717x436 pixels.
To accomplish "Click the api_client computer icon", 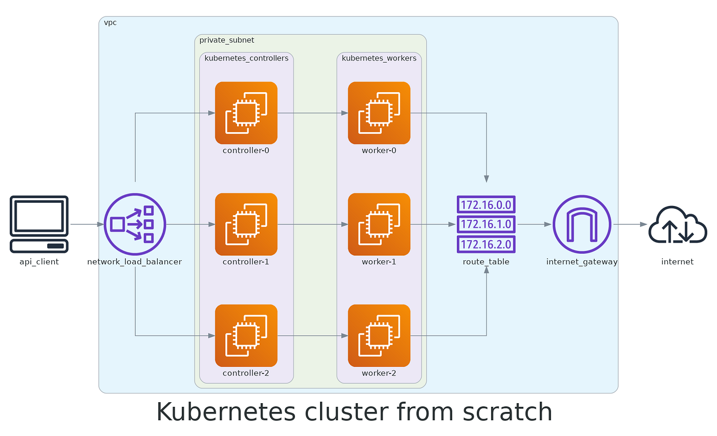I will [x=39, y=224].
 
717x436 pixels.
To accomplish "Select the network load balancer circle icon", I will [x=135, y=224].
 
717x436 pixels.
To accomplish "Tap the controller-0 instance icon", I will [x=246, y=113].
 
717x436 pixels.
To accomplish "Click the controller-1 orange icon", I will [x=246, y=224].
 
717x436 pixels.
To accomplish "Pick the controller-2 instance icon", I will [x=246, y=336].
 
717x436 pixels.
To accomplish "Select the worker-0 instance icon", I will [x=379, y=113].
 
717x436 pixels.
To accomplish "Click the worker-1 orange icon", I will [x=379, y=224].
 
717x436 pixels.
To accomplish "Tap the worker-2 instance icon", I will [x=379, y=336].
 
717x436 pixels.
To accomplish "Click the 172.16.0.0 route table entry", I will [x=486, y=204].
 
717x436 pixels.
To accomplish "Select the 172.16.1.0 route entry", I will [x=486, y=224].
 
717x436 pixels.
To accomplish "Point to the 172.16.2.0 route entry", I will [x=486, y=244].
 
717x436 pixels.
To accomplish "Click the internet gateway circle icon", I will [x=582, y=224].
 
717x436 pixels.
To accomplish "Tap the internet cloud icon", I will [x=677, y=224].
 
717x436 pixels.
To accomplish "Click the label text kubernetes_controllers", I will [x=246, y=58].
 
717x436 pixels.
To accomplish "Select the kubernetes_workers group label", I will [x=379, y=58].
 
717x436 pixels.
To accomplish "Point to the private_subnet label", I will [x=226, y=40].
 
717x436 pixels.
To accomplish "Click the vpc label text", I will [x=110, y=23].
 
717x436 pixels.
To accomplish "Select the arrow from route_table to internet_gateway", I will [x=534, y=224].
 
